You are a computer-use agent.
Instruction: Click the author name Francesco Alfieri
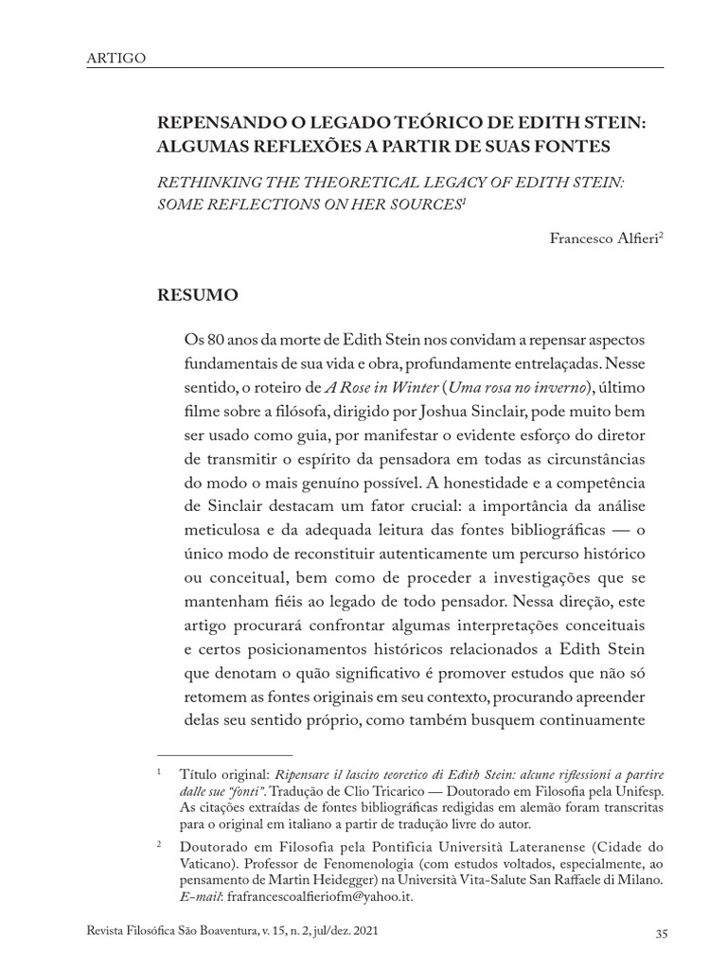pos(602,238)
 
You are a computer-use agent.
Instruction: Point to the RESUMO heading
pos(198,296)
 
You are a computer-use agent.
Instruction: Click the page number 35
pos(662,934)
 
